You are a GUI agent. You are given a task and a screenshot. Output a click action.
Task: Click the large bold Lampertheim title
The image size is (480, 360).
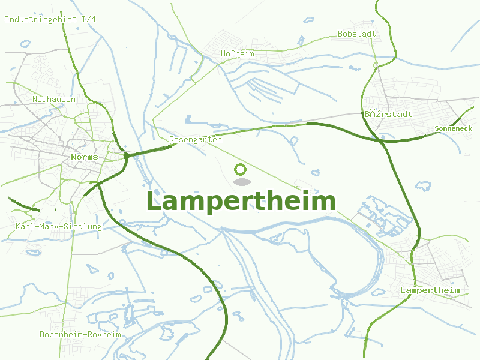pos(241,201)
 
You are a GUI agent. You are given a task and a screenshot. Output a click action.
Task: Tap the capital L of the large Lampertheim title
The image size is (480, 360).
pos(154,202)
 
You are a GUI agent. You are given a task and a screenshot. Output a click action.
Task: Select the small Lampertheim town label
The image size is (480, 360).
pos(430,290)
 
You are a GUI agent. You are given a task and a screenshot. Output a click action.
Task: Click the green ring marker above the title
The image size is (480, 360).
pos(241,169)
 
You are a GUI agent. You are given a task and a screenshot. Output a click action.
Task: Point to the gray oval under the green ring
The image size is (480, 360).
pos(241,182)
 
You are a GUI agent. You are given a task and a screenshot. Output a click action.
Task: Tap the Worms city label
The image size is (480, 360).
pos(84,157)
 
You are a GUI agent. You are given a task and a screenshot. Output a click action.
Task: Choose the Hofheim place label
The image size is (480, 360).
pos(237,54)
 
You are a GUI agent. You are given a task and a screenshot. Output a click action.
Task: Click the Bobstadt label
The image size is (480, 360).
pos(356,34)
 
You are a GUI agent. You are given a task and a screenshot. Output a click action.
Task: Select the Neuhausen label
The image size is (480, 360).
pos(54,99)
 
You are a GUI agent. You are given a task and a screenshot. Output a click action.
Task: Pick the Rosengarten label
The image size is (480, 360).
pos(196,140)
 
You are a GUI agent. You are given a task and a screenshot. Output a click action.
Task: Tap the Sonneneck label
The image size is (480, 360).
pos(453,128)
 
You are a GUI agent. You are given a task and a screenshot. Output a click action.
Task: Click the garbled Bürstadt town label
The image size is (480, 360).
pos(389,114)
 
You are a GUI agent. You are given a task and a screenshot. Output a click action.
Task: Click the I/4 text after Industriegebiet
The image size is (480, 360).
pos(89,20)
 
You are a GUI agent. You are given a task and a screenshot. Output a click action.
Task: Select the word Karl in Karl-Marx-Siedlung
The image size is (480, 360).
pos(24,227)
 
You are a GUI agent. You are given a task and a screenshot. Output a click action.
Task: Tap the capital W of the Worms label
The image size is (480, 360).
pos(74,157)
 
